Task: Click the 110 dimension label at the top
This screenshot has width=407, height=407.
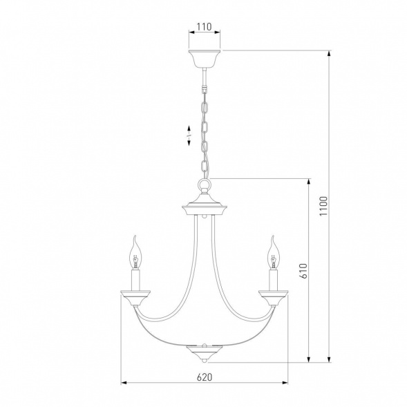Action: pos(204,27)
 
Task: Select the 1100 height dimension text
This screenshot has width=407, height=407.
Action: pos(323,206)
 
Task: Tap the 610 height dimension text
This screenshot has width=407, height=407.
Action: pos(303,271)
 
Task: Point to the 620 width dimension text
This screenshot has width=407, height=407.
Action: pos(205,377)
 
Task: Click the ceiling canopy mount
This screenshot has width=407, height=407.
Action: pos(205,59)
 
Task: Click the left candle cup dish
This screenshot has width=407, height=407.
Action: pos(135,298)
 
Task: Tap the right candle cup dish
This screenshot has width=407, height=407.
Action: pos(273,298)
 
